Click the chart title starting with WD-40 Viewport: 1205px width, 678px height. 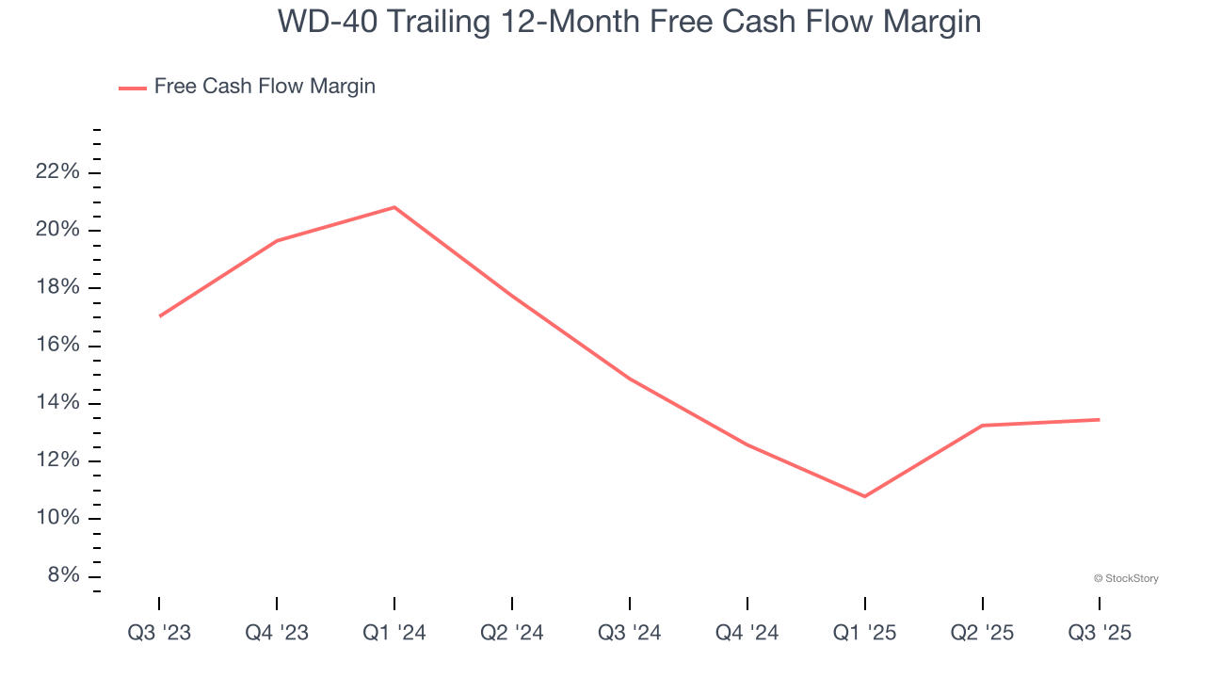629,22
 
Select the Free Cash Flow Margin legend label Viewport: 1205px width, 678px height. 265,87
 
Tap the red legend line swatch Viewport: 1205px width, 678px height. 133,88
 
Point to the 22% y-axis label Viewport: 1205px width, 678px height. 56,172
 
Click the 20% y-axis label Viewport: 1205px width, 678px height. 56,231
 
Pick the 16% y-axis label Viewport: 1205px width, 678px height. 56,346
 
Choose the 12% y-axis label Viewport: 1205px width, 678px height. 56,461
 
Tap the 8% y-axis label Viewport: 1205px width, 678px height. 62,576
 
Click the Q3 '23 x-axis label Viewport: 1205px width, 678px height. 159,634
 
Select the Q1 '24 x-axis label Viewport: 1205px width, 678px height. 394,634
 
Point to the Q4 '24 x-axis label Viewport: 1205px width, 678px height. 747,634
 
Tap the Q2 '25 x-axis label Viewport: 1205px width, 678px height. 983,634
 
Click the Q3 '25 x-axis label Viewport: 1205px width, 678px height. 1100,634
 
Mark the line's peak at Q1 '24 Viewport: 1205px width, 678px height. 394,207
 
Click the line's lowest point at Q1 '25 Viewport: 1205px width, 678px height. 865,496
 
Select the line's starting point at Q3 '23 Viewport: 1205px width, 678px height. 160,315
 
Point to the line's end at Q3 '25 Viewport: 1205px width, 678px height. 1099,420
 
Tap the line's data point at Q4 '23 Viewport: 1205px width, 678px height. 277,241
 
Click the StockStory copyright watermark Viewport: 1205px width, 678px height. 1126,578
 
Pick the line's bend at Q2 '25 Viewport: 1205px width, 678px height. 983,426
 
